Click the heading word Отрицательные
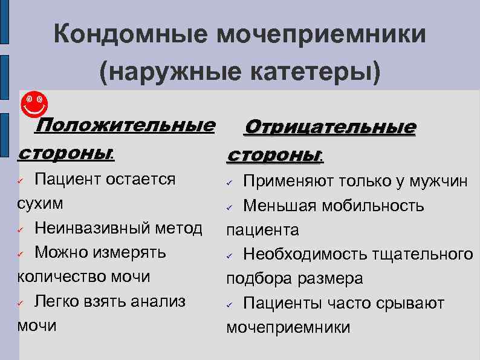click(x=329, y=128)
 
